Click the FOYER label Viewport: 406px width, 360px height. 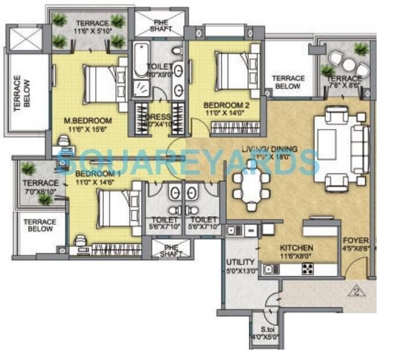[356, 240]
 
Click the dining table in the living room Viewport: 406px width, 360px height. [250, 186]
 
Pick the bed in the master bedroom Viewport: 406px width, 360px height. [103, 85]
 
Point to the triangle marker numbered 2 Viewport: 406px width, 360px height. [357, 291]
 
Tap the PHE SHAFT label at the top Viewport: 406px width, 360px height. [161, 25]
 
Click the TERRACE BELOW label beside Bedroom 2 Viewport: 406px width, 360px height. [288, 82]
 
